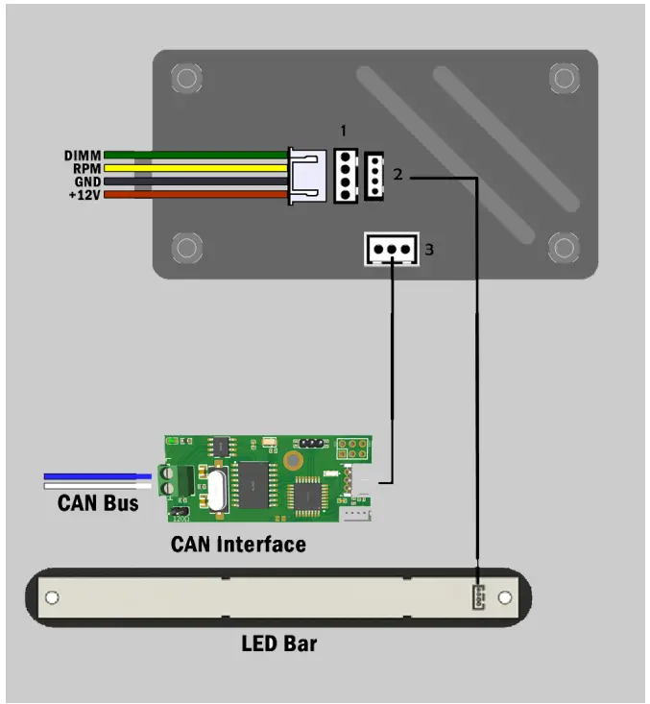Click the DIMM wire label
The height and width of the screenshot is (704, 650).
(x=82, y=155)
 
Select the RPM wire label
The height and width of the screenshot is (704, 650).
(x=84, y=168)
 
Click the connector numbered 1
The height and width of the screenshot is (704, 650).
(x=345, y=175)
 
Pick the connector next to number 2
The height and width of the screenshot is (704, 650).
(x=374, y=175)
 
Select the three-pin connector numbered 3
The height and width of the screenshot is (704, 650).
(x=391, y=250)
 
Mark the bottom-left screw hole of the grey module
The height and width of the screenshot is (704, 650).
(x=186, y=248)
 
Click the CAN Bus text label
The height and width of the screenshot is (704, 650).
(x=98, y=502)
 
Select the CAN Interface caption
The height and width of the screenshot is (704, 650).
(x=238, y=545)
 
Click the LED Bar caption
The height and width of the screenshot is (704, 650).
(x=278, y=643)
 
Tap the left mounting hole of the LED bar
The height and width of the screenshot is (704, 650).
(x=52, y=597)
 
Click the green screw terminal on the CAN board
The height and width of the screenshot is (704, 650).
(x=168, y=480)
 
